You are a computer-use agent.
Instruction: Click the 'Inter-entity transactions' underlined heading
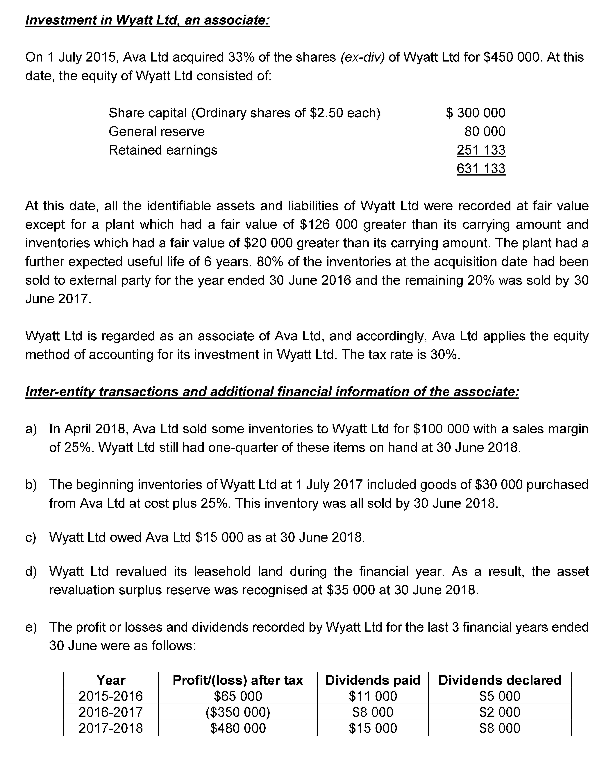click(x=272, y=392)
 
